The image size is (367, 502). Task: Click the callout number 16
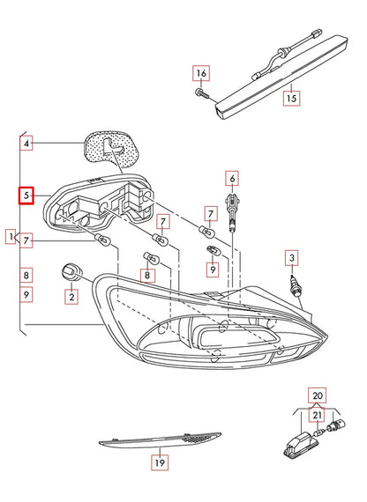point(201,72)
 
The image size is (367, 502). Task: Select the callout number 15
point(290,100)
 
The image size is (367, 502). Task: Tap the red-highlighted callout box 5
point(26,195)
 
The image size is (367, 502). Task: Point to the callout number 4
point(26,142)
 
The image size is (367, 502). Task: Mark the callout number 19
point(159,461)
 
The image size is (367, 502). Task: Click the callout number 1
point(11,237)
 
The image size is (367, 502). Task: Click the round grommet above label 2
point(71,269)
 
